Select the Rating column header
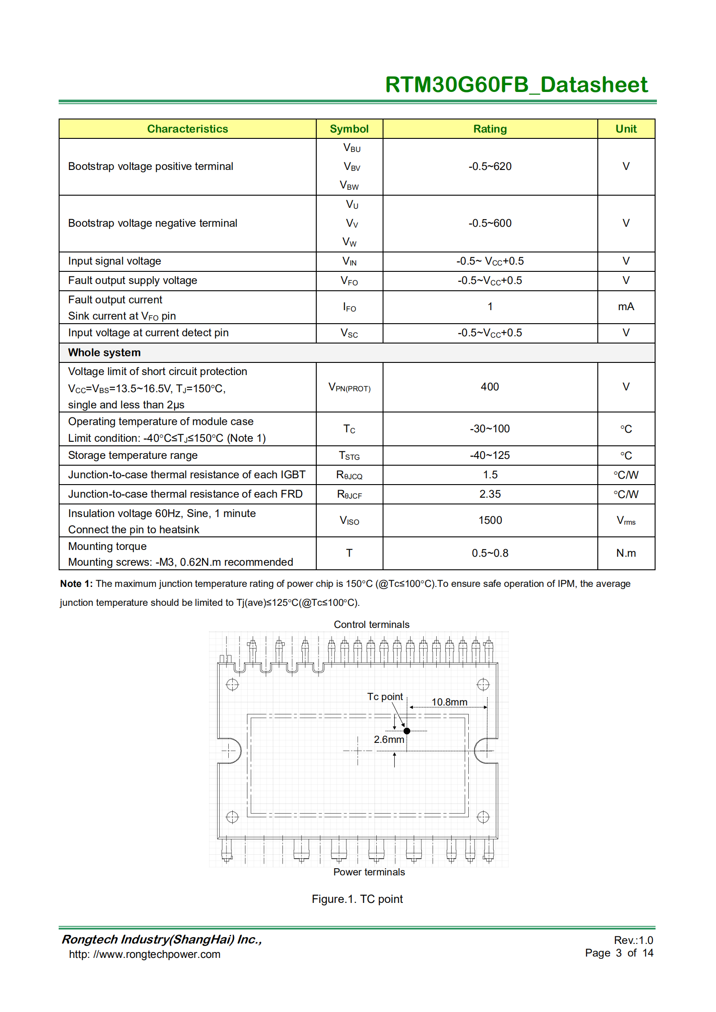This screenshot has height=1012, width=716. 490,129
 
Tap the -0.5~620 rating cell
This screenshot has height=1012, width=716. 490,166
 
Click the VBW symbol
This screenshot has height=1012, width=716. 349,185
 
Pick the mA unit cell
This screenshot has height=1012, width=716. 626,307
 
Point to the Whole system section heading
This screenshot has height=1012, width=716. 104,353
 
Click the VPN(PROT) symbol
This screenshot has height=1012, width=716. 349,388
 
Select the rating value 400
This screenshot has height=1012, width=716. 490,387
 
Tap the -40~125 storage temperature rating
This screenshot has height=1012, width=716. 490,455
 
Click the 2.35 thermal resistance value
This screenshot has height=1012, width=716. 490,494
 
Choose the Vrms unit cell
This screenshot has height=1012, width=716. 626,521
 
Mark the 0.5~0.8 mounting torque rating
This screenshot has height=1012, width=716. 490,553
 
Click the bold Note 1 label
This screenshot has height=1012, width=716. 76,584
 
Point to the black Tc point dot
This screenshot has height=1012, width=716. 407,731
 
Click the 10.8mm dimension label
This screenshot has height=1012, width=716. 449,702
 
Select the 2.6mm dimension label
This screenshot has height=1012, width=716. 388,739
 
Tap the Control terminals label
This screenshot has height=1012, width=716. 371,624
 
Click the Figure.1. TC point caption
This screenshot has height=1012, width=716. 357,899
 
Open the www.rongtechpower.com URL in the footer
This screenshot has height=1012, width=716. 144,954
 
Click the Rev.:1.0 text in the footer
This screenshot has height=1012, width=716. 633,940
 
